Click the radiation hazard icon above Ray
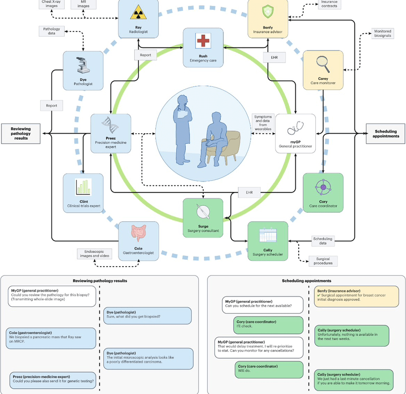pos(138,13)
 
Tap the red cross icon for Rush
pos(203,41)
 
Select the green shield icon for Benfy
pos(268,12)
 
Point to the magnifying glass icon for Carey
pos(323,64)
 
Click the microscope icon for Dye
pos(83,65)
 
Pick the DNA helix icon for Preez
pos(110,125)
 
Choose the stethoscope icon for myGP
pos(295,128)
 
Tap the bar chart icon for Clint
pos(83,187)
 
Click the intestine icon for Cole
pos(139,233)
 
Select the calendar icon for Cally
pos(268,235)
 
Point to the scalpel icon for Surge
pos(203,211)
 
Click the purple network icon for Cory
pos(323,187)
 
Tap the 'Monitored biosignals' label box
pos(382,33)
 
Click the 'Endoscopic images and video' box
pos(95,253)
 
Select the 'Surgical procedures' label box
pos(323,261)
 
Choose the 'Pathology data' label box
pos(51,31)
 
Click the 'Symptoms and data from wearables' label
pos(263,123)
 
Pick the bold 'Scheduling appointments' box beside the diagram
pos(385,134)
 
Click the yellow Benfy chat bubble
pos(356,296)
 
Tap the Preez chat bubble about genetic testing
pos(53,380)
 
